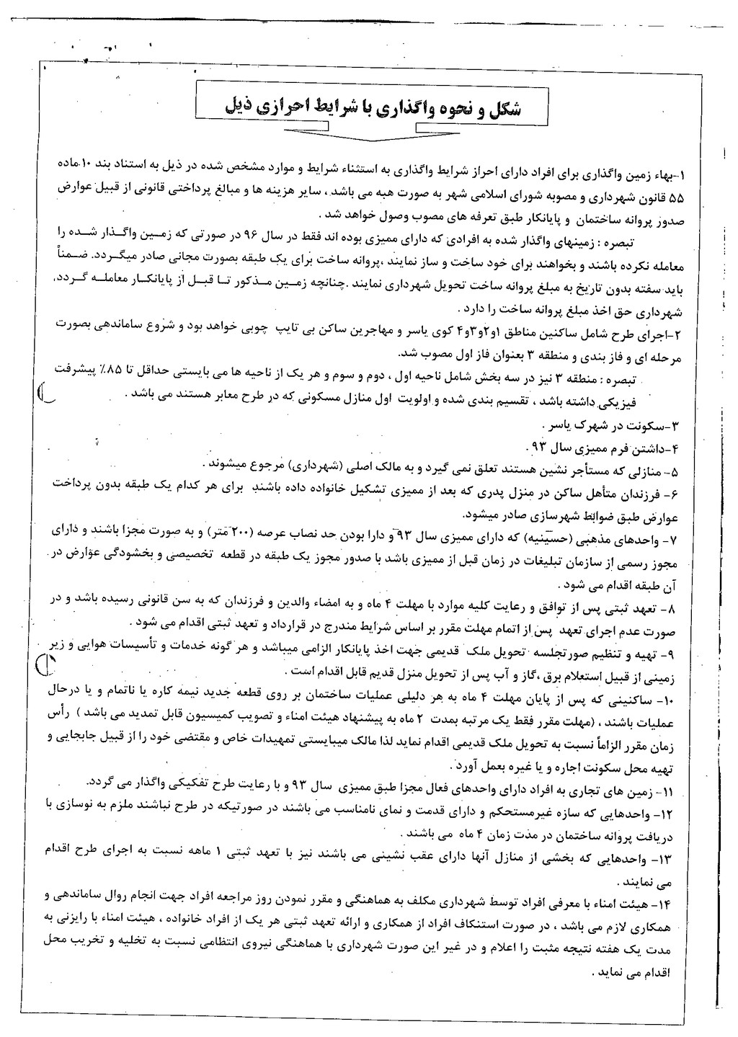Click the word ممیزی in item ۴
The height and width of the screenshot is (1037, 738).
click(x=584, y=447)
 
